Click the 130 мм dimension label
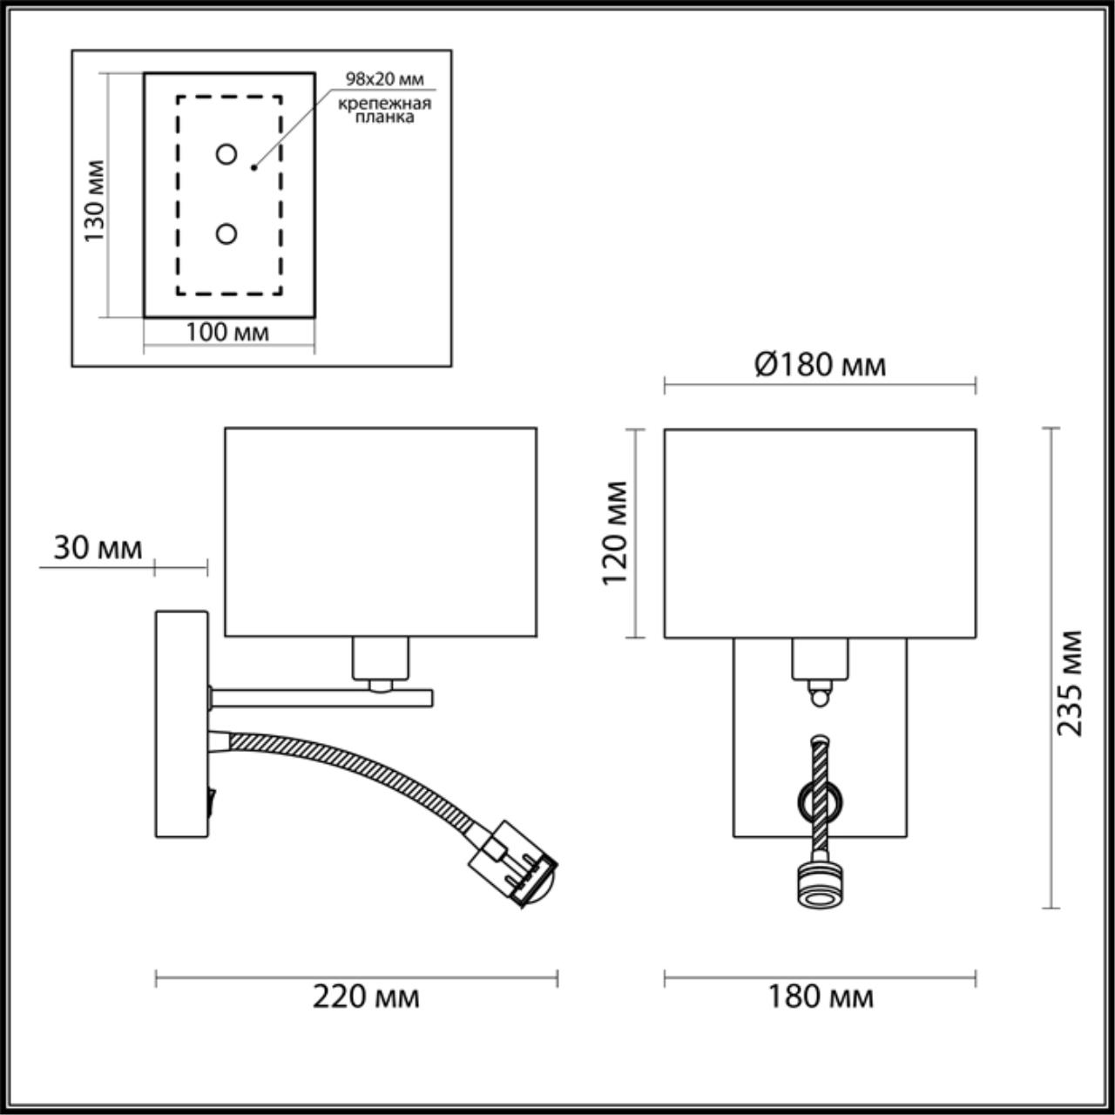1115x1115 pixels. click(x=95, y=201)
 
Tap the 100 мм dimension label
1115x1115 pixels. click(x=227, y=332)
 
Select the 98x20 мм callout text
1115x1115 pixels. click(x=384, y=79)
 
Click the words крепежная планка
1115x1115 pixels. click(x=385, y=111)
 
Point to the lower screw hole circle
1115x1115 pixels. click(x=226, y=233)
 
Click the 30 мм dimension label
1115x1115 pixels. click(x=98, y=548)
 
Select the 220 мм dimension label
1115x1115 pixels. click(x=366, y=996)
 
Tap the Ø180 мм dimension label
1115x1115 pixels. click(x=820, y=364)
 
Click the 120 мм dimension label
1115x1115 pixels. click(x=616, y=533)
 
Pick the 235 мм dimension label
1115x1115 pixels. click(x=1070, y=683)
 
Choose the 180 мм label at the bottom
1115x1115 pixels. click(x=820, y=996)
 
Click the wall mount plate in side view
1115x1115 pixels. click(x=181, y=724)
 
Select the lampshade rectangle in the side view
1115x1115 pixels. click(x=381, y=531)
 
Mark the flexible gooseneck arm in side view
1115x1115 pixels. click(x=348, y=753)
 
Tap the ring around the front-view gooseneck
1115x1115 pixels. click(x=820, y=799)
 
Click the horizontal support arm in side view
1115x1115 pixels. click(x=322, y=697)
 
